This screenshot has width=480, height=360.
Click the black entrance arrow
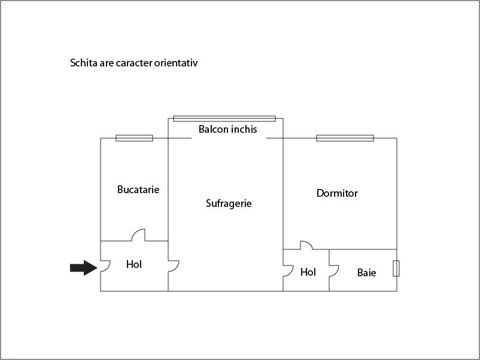[x=84, y=268]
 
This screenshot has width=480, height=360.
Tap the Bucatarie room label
[x=138, y=190]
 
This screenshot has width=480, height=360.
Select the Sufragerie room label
[x=229, y=204]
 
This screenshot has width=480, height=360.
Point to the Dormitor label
[x=337, y=193]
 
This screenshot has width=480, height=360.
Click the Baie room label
[x=366, y=273]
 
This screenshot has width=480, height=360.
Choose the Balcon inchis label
[x=228, y=129]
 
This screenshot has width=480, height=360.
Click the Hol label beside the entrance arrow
[x=134, y=264]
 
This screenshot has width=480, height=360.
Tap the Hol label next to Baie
[x=308, y=272]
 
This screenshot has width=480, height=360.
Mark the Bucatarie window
[x=135, y=138]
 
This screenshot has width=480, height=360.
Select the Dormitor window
[x=345, y=138]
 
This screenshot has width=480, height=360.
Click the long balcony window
[x=224, y=118]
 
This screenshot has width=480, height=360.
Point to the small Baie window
[x=396, y=269]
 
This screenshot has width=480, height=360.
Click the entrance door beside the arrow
[x=105, y=266]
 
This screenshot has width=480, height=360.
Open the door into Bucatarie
[x=138, y=235]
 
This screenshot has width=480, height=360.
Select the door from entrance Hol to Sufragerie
[x=174, y=266]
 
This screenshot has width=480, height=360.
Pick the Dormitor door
[x=306, y=245]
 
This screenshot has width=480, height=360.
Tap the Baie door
[x=334, y=271]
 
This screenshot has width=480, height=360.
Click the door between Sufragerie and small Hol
[x=288, y=271]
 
